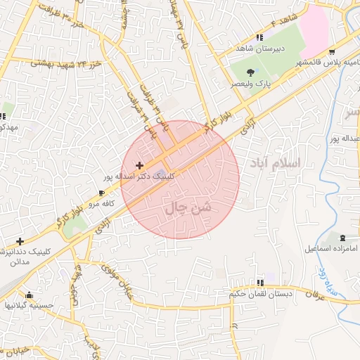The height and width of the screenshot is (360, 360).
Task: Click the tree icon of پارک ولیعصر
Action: point(250,72)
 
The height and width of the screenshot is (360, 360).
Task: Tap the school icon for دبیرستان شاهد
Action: point(260,37)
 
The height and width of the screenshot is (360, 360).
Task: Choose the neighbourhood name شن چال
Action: point(186,208)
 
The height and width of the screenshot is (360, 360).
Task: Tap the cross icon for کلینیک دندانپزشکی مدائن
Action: point(20,241)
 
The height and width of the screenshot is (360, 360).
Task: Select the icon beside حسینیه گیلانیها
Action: point(29,295)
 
